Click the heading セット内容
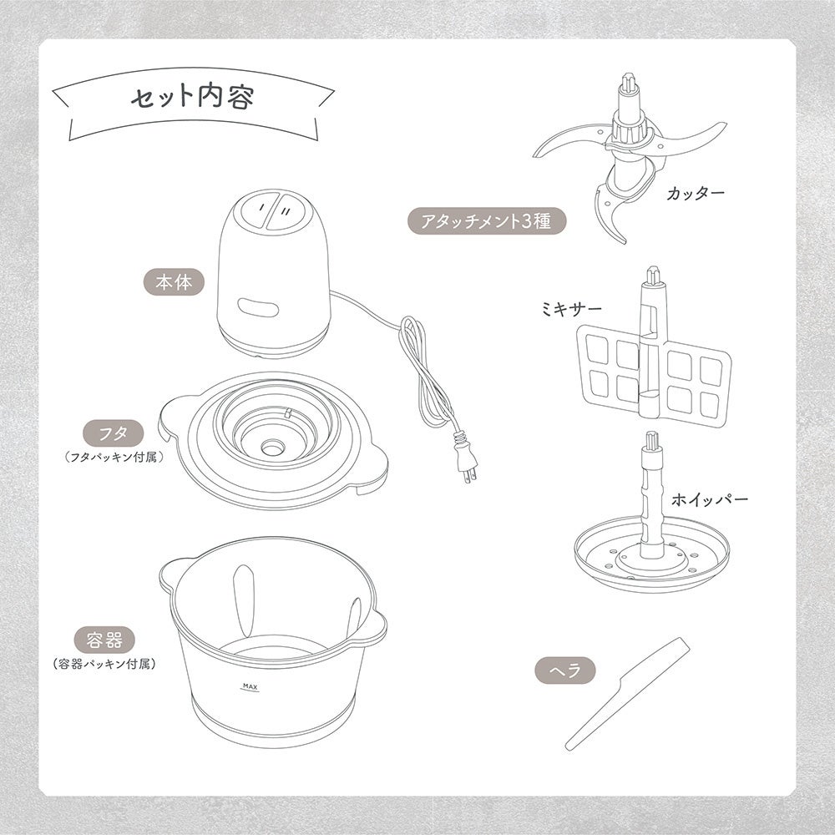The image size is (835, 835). click(192, 98)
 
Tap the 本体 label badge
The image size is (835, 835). click(175, 282)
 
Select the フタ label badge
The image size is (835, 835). click(114, 433)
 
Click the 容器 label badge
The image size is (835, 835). click(104, 640)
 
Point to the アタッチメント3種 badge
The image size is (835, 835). click(486, 220)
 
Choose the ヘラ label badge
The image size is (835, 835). click(565, 670)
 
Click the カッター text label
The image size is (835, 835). click(696, 193)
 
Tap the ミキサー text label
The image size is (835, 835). click(571, 308)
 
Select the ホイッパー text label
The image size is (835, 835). click(709, 499)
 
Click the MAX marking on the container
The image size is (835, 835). click(250, 687)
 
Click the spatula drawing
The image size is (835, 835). click(627, 693)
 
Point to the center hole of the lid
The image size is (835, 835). click(272, 446)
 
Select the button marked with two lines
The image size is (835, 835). click(287, 212)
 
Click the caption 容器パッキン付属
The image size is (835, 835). click(104, 664)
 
